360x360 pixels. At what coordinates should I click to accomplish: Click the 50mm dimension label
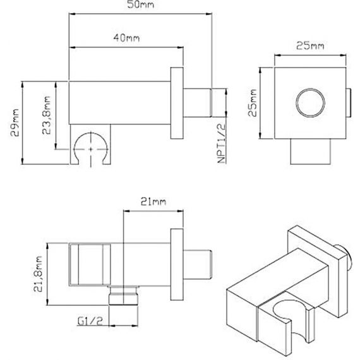(140, 4)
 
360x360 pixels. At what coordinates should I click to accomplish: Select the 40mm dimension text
(126, 38)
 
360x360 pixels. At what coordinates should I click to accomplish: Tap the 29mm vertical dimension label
(15, 123)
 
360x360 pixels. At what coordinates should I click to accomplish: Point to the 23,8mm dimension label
(46, 115)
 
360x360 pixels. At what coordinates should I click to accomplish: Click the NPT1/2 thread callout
(221, 143)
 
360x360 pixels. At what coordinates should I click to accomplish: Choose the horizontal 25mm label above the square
(310, 45)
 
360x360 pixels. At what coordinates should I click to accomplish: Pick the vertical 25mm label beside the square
(253, 103)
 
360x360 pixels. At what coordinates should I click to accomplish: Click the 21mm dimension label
(153, 201)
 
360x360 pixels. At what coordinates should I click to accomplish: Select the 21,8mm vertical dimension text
(38, 273)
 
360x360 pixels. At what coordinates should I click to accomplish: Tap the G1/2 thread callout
(90, 321)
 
